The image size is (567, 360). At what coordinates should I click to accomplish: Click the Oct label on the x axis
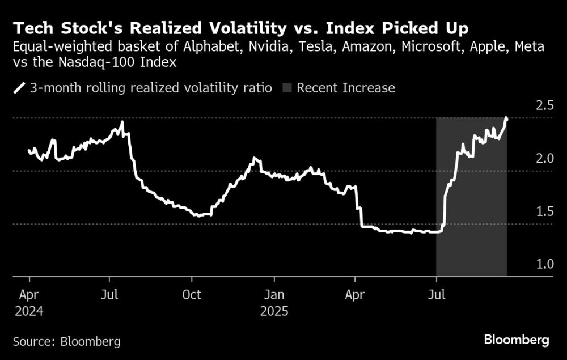pos(192,295)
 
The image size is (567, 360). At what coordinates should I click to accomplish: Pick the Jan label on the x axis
pos(274,295)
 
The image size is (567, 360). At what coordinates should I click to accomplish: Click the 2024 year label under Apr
pos(29,311)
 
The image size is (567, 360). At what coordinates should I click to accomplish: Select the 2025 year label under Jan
pos(275,311)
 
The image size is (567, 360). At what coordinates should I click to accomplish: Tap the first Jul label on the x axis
pos(109,295)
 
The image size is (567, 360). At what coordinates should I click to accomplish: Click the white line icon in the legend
pos(20,88)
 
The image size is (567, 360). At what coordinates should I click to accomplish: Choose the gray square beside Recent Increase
pos(286,88)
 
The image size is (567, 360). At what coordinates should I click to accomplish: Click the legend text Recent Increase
pos(345,88)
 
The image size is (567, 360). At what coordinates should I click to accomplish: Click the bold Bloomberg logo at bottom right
pos(517,340)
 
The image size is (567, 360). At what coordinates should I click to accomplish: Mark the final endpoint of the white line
pos(506,118)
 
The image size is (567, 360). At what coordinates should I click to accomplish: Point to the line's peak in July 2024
pos(122,122)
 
